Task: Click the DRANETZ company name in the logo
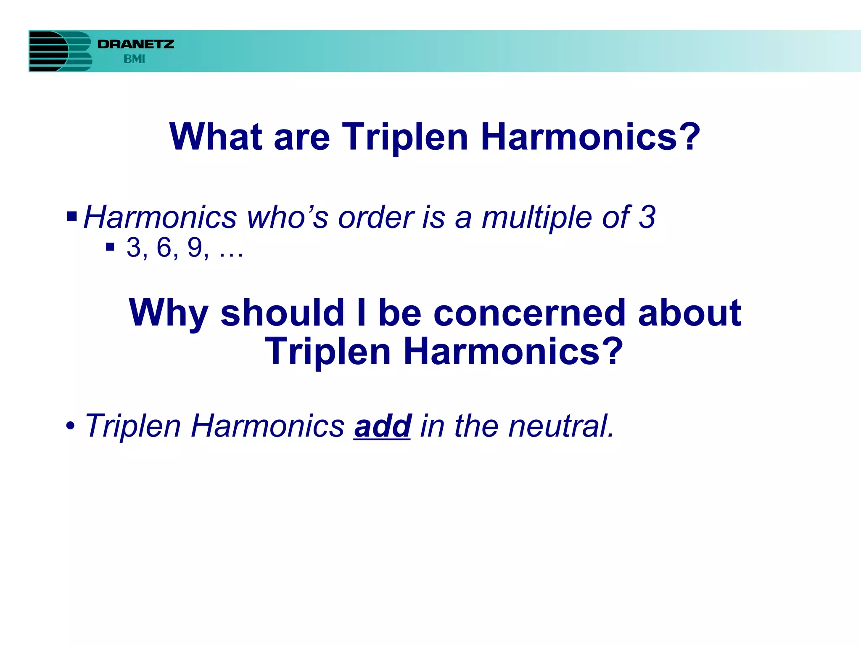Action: tap(135, 44)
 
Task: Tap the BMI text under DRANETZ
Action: tap(134, 59)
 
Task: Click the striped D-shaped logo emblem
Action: tap(60, 51)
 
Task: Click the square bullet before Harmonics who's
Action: tap(72, 217)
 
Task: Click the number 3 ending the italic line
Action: tap(647, 217)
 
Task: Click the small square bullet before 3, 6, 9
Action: tap(110, 247)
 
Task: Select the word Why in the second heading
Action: tap(168, 313)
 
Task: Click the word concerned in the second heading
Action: tap(529, 313)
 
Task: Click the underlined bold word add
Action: tap(382, 426)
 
